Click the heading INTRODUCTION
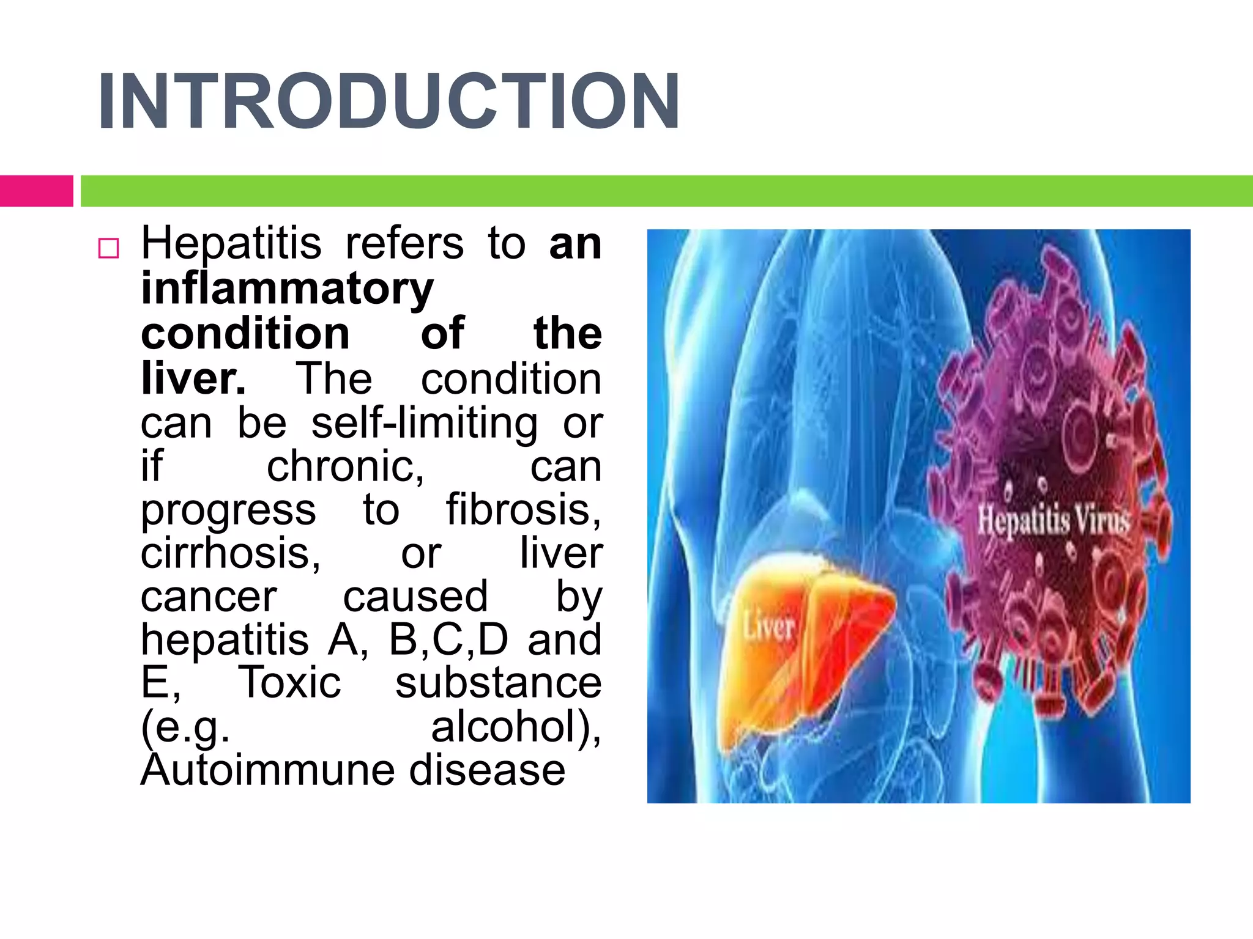pyautogui.click(x=389, y=101)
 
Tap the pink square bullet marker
pyautogui.click(x=108, y=248)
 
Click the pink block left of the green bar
pyautogui.click(x=36, y=191)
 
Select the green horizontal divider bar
pyautogui.click(x=666, y=191)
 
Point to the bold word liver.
pyautogui.click(x=193, y=378)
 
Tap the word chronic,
pyautogui.click(x=346, y=466)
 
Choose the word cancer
pyautogui.click(x=209, y=597)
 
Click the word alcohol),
pyautogui.click(x=516, y=727)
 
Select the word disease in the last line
pyautogui.click(x=487, y=770)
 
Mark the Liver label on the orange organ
pyautogui.click(x=769, y=627)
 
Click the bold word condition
pyautogui.click(x=245, y=334)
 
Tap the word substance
pyautogui.click(x=498, y=683)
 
